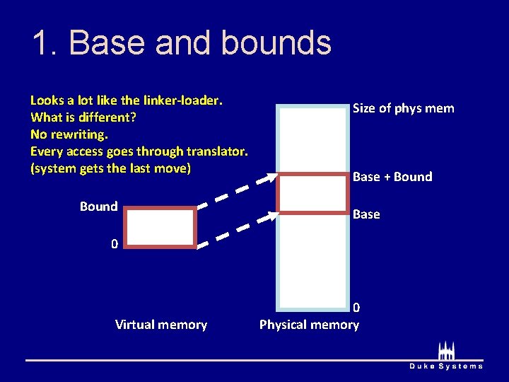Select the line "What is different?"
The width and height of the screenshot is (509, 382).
click(x=83, y=117)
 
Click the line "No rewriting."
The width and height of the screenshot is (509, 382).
click(x=69, y=134)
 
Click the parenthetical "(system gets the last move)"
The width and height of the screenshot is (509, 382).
click(x=111, y=168)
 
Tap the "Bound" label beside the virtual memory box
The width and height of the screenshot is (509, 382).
click(x=98, y=207)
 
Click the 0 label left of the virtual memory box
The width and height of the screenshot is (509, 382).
click(x=114, y=245)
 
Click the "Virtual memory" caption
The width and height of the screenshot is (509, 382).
click(x=161, y=325)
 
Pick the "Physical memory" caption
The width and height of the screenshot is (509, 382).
click(x=309, y=325)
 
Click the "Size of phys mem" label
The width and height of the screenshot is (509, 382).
click(x=403, y=108)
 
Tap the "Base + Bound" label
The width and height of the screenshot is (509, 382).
click(x=392, y=177)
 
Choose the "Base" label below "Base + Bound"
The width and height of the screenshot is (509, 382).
click(x=366, y=214)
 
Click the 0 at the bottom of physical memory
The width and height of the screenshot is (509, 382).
click(x=356, y=308)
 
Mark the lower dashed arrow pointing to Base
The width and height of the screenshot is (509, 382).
click(x=238, y=230)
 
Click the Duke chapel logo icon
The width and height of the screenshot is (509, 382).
click(x=446, y=350)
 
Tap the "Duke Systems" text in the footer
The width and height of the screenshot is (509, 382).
click(x=447, y=366)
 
